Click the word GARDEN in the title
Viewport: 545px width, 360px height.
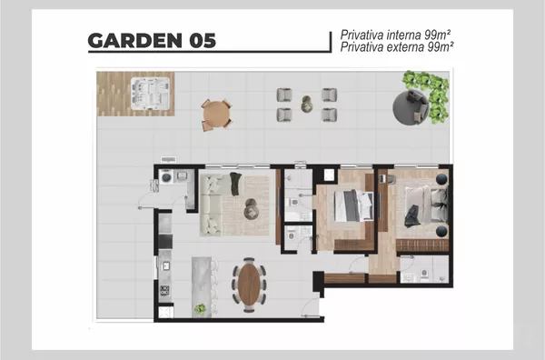[x=134, y=41]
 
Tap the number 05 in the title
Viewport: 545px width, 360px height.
[x=203, y=41]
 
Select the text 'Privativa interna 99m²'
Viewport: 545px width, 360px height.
[x=395, y=35]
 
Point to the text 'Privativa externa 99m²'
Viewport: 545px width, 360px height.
[x=397, y=47]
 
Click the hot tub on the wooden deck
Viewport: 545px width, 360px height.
[x=150, y=94]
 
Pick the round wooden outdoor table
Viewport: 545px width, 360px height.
[x=216, y=115]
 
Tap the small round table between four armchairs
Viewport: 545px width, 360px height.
[x=307, y=104]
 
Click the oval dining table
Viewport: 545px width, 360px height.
[x=249, y=285]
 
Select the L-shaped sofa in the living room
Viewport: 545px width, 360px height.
[x=212, y=205]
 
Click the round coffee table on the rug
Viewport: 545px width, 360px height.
[x=252, y=209]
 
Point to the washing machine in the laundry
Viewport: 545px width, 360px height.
[x=166, y=177]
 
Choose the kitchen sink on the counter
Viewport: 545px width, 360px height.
[x=166, y=266]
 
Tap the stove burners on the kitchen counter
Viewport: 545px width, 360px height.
[x=164, y=290]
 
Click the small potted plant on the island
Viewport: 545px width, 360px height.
[x=200, y=309]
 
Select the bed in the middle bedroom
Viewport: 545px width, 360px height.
[x=353, y=205]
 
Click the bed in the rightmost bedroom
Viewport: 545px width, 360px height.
[x=426, y=206]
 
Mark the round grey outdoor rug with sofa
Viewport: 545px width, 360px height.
[x=411, y=107]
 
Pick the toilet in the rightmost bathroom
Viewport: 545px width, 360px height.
[x=424, y=274]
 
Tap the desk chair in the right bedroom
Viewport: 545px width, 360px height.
[x=391, y=179]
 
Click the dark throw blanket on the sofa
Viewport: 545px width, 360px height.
[x=235, y=183]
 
